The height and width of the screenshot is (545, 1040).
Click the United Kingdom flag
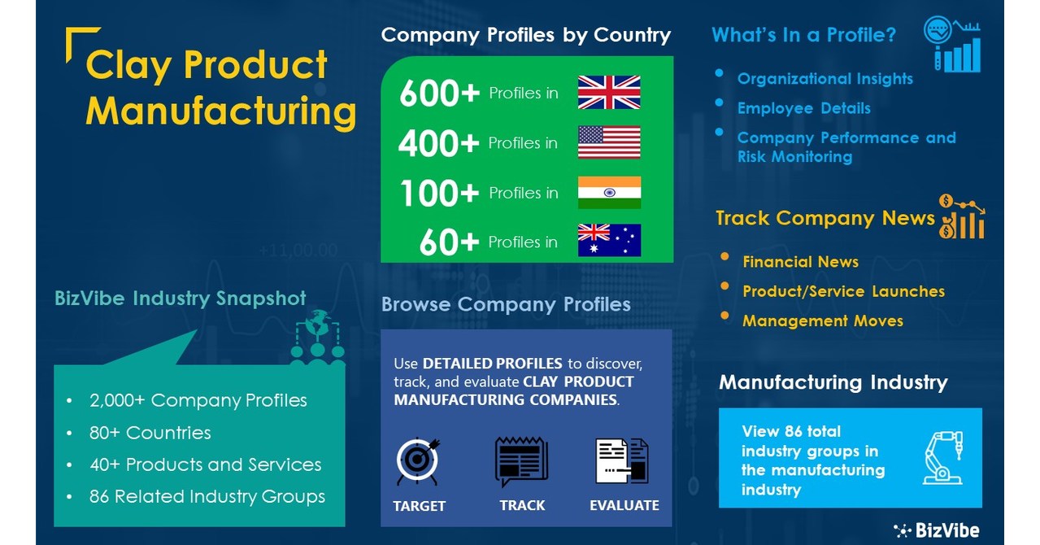pyautogui.click(x=608, y=93)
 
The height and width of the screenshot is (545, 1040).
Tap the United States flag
pyautogui.click(x=608, y=142)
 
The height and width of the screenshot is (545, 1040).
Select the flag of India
pyautogui.click(x=608, y=192)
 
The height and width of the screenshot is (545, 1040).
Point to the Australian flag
pyautogui.click(x=608, y=240)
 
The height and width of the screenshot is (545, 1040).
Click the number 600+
pyautogui.click(x=439, y=94)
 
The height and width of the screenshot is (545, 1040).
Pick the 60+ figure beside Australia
pyautogui.click(x=449, y=242)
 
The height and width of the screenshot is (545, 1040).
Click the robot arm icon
pyautogui.click(x=943, y=457)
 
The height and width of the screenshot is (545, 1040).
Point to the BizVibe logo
pyautogui.click(x=937, y=530)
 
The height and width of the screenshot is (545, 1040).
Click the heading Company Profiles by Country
pyautogui.click(x=526, y=36)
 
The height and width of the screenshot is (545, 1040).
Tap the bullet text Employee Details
pyautogui.click(x=803, y=108)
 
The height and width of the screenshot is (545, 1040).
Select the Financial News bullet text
pyautogui.click(x=800, y=262)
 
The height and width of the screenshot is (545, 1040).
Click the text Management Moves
pyautogui.click(x=822, y=320)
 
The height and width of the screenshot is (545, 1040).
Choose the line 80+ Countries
pyautogui.click(x=150, y=433)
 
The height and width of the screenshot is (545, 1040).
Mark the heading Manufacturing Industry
pyautogui.click(x=833, y=382)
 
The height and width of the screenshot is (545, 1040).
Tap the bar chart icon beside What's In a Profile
pyautogui.click(x=952, y=45)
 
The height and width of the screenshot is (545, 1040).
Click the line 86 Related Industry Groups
pyautogui.click(x=207, y=496)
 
